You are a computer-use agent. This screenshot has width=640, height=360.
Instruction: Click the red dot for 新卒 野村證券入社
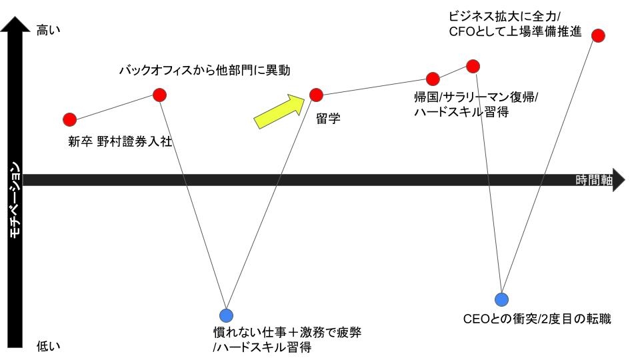click(x=69, y=120)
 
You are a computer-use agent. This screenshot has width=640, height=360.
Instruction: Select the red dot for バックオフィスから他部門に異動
click(x=159, y=95)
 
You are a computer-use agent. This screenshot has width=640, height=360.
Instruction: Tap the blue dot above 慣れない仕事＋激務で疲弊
click(x=227, y=315)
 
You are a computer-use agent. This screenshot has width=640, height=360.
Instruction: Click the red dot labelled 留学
click(x=316, y=95)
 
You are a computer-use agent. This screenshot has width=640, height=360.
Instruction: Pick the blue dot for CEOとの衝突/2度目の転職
click(x=501, y=299)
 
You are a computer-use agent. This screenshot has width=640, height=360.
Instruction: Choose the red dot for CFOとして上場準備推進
click(x=598, y=35)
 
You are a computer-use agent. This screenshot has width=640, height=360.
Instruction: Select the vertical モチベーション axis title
click(x=14, y=200)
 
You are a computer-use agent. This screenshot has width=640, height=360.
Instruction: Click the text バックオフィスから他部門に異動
click(x=205, y=70)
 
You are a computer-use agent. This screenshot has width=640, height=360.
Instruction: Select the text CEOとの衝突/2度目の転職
click(x=537, y=319)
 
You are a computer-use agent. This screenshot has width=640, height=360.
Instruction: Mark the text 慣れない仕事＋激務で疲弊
click(x=287, y=332)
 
